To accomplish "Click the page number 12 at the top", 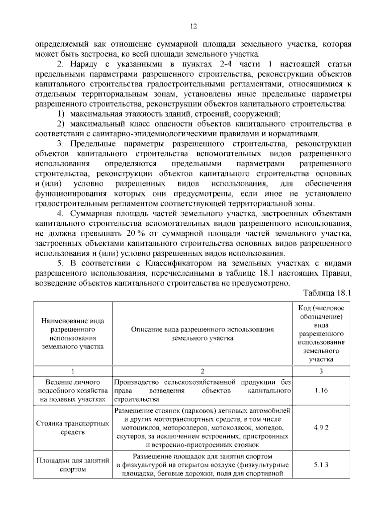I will pos(193,26).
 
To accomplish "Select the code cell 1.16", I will pos(321,391).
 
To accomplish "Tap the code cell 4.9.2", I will pos(321,427).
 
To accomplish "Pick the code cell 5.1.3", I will pos(321,473).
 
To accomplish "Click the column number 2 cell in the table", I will pos(202,371).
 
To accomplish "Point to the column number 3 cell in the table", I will pos(321,371).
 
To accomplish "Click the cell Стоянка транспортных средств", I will pos(73,428).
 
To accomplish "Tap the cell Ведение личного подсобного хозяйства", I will pos(73,391).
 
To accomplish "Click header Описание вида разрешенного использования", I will pos(202,334).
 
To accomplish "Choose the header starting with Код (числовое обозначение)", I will pos(321,334).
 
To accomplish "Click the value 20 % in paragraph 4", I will pos(135,233).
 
